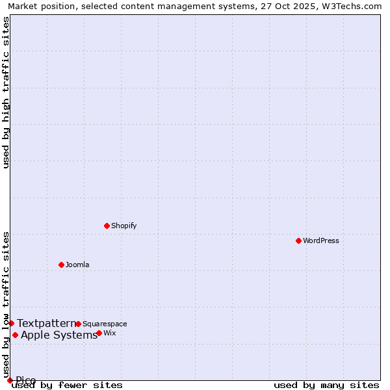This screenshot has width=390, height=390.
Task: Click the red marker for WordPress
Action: [x=298, y=240]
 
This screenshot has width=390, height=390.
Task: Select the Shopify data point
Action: [x=107, y=226]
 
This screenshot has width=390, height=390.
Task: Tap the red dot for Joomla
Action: [x=61, y=265]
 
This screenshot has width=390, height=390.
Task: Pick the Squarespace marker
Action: [x=78, y=324]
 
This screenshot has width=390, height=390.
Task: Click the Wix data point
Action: [x=99, y=333]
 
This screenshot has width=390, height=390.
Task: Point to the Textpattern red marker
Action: [x=11, y=323]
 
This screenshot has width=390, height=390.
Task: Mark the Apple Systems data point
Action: [x=15, y=335]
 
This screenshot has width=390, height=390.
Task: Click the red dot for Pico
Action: [x=10, y=380]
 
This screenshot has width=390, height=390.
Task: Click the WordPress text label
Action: [x=321, y=240]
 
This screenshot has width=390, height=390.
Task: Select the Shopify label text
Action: [x=123, y=226]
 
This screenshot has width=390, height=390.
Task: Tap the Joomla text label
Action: [x=77, y=265]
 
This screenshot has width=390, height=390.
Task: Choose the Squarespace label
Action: [x=105, y=324]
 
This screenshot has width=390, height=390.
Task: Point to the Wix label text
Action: [x=110, y=333]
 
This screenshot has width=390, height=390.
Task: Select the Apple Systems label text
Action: [x=59, y=335]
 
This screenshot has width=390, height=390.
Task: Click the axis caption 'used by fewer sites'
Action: [x=67, y=385]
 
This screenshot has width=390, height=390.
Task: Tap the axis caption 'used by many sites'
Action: [x=326, y=385]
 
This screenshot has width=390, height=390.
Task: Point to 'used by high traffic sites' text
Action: [x=6, y=92]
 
